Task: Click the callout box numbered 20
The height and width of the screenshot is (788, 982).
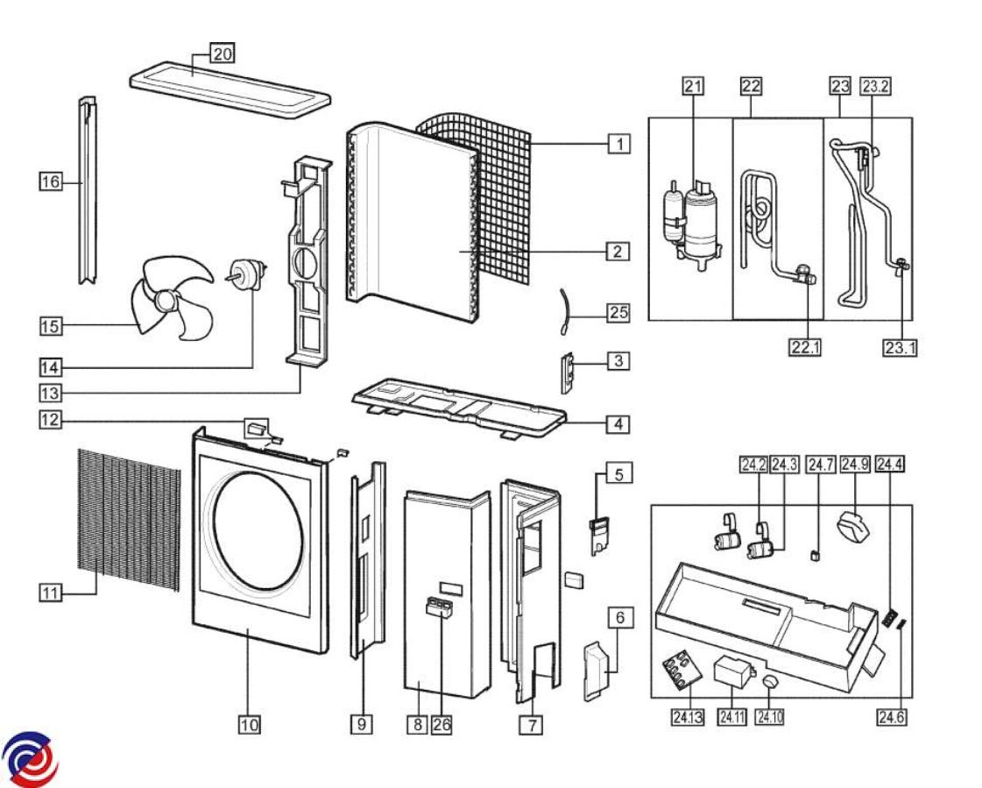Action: (223, 54)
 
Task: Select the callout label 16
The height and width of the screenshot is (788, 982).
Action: (51, 181)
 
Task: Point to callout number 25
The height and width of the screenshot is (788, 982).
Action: (618, 312)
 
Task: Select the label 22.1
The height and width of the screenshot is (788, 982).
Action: (805, 347)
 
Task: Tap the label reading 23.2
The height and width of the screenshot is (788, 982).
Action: (875, 86)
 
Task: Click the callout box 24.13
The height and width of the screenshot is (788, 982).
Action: (687, 716)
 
